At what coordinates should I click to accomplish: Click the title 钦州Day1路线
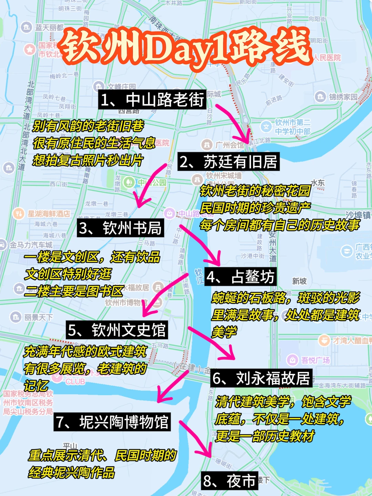click(186, 48)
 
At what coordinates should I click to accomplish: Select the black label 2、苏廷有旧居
click(229, 162)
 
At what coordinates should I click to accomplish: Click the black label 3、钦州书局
click(120, 228)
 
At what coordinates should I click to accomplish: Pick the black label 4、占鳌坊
click(240, 277)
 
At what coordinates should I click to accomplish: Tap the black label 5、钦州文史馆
click(117, 330)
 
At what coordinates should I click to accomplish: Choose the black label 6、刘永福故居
click(261, 378)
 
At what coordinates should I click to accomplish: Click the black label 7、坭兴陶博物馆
click(112, 422)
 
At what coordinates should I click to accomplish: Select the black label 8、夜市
click(229, 481)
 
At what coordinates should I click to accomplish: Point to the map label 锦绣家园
click(343, 97)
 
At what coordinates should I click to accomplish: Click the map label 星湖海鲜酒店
click(48, 214)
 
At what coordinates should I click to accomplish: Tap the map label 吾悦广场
click(315, 360)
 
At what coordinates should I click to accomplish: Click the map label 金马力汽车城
click(31, 245)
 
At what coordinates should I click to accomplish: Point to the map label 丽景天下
click(38, 317)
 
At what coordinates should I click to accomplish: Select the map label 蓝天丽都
click(49, 28)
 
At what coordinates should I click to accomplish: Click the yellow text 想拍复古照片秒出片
click(87, 160)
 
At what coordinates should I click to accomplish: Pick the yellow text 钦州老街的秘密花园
click(255, 191)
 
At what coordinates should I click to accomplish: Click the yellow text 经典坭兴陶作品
click(72, 473)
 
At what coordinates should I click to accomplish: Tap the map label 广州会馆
click(229, 145)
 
